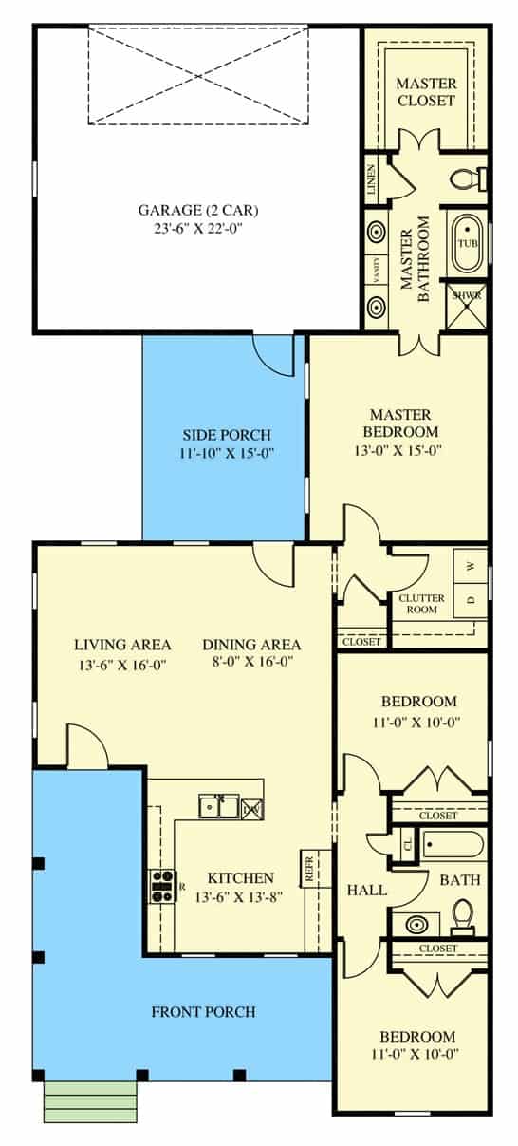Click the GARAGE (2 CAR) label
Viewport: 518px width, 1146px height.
pyautogui.click(x=198, y=210)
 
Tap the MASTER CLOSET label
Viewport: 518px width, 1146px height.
pyautogui.click(x=426, y=92)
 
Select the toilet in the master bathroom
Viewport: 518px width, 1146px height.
pyautogui.click(x=469, y=178)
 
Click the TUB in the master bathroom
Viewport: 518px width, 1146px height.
pyautogui.click(x=468, y=242)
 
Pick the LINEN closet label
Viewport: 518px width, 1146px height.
pyautogui.click(x=372, y=179)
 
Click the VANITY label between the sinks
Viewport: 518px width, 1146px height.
pyautogui.click(x=377, y=271)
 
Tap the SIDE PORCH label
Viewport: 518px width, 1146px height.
pyautogui.click(x=227, y=435)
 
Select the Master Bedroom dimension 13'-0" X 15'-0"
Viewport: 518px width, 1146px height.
pyautogui.click(x=398, y=451)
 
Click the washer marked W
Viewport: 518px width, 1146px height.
pyautogui.click(x=471, y=566)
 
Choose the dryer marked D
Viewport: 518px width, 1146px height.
pyautogui.click(x=471, y=600)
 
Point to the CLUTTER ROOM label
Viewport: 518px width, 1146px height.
pyautogui.click(x=422, y=604)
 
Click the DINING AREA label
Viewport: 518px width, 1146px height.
pyautogui.click(x=251, y=645)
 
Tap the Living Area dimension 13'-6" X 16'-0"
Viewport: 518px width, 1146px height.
pyautogui.click(x=122, y=666)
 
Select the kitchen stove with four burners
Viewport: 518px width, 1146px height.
pyautogui.click(x=162, y=886)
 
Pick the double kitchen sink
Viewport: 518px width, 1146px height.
pyautogui.click(x=220, y=807)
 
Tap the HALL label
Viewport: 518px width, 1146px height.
pyautogui.click(x=366, y=891)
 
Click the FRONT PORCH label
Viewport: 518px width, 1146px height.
pyautogui.click(x=204, y=1011)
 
